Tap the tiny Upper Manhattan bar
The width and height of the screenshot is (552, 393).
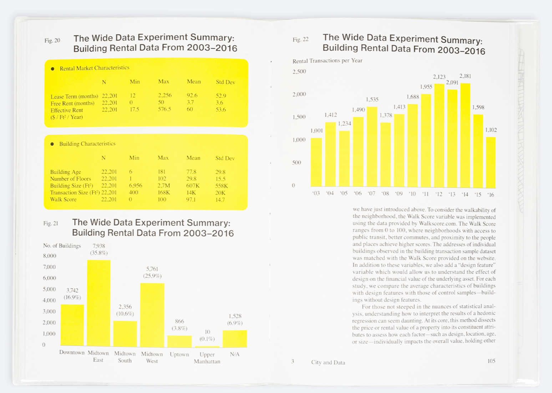207,347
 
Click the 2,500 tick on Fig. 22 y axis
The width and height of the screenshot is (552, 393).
299,71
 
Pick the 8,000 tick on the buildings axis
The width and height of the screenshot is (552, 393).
50,256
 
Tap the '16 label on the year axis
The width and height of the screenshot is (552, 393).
491,195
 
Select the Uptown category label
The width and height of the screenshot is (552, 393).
179,354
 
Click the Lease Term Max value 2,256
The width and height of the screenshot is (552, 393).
165,95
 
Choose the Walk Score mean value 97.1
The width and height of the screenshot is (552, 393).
191,199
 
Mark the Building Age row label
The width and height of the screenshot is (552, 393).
65,172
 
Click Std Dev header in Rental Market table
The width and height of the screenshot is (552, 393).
226,82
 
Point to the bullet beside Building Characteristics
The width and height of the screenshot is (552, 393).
52,144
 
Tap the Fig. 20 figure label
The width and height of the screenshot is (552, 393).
52,41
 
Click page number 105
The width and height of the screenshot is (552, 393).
491,361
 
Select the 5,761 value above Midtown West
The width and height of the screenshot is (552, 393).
152,269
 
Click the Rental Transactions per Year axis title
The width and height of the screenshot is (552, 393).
327,61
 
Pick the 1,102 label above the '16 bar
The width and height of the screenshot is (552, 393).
491,130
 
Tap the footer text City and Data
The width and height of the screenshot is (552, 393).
328,362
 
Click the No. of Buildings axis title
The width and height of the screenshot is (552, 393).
62,246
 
